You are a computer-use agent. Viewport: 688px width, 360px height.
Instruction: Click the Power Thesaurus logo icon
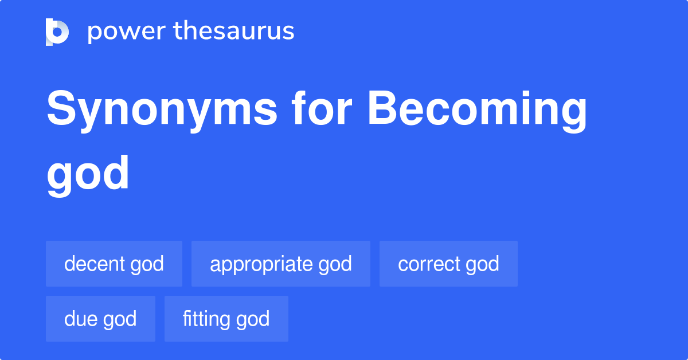(57, 32)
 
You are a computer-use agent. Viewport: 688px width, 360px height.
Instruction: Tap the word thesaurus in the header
(234, 32)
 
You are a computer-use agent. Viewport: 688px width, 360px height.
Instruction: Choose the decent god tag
(114, 264)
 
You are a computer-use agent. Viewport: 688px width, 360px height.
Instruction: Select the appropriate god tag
(281, 264)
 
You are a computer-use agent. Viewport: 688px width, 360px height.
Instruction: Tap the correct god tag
(448, 264)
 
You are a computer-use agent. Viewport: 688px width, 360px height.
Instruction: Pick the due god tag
(100, 319)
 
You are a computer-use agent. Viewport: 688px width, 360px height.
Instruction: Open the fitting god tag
(226, 319)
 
